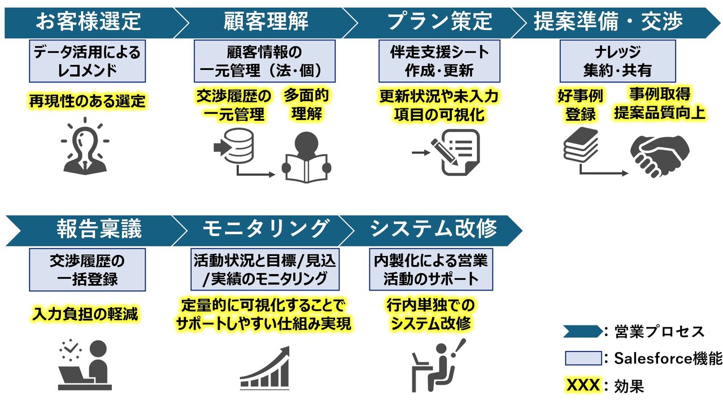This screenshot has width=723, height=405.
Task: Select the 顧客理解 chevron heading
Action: [265, 23]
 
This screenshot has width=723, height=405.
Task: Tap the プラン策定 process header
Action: [439, 23]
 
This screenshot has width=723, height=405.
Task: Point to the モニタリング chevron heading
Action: [265, 229]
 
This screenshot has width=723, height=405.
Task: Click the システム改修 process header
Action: [433, 229]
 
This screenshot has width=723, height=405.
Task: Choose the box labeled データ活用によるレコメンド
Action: [87, 61]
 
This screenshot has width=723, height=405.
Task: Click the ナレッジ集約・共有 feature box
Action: [617, 61]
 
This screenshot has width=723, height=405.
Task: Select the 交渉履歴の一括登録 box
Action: [87, 270]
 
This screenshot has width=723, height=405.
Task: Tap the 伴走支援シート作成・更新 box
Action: [439, 61]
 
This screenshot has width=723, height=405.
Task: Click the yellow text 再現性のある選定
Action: [87, 102]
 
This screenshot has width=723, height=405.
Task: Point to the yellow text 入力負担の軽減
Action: [85, 314]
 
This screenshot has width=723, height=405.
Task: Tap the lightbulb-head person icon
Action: [85, 146]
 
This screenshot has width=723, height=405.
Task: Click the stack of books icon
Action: [581, 145]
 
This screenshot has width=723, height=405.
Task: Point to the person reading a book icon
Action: [306, 157]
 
